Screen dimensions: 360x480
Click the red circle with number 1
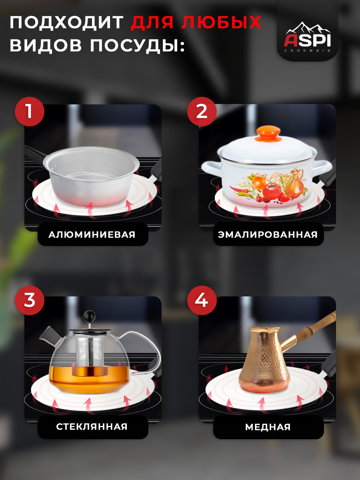[x=30, y=112]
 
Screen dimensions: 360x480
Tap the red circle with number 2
[x=202, y=112]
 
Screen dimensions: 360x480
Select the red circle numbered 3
[x=30, y=300]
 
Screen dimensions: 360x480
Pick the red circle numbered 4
[x=202, y=300]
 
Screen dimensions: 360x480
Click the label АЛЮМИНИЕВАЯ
[x=92, y=235]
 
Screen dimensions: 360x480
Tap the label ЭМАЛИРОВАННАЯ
[x=268, y=235]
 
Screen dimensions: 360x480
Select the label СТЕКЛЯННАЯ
[x=92, y=427]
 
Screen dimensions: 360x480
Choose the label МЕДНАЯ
[x=268, y=427]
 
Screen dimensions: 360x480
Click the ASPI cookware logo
[x=307, y=37]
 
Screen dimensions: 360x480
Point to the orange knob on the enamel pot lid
[x=268, y=133]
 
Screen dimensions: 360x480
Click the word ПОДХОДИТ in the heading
[x=67, y=22]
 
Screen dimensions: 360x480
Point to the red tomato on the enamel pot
[x=271, y=191]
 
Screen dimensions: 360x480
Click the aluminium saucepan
[x=91, y=175]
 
